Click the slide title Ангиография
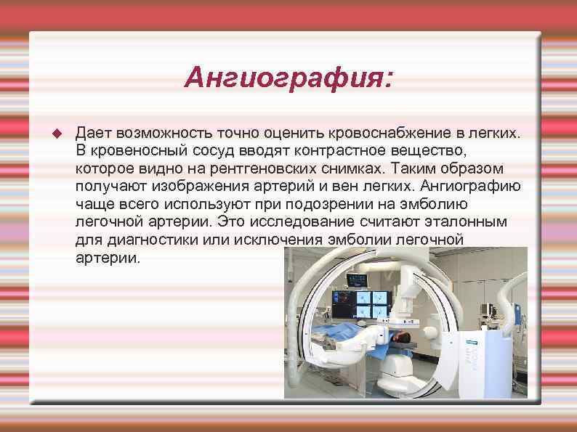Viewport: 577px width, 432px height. coord(288,76)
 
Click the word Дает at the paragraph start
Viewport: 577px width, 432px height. coord(93,134)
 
